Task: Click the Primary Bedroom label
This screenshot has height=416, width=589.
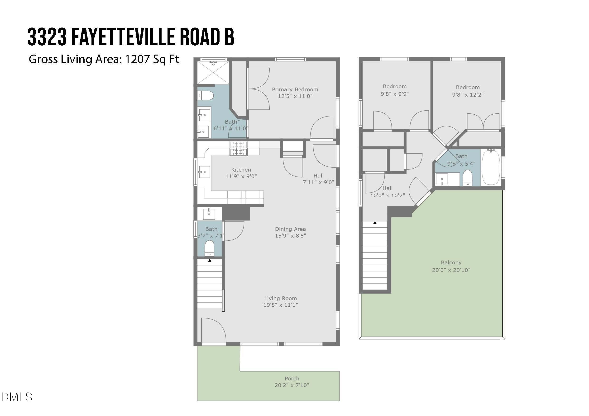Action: click(x=295, y=89)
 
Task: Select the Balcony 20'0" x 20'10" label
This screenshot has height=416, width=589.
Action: click(x=451, y=266)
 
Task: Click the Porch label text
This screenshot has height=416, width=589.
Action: click(x=292, y=378)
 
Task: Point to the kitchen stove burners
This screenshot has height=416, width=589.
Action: click(x=239, y=149)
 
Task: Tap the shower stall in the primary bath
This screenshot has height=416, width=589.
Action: click(x=213, y=72)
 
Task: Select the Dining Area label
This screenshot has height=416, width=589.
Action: click(x=290, y=229)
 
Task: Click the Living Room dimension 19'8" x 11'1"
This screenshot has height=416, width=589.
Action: click(x=280, y=305)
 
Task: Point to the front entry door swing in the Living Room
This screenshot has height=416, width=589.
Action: click(x=213, y=330)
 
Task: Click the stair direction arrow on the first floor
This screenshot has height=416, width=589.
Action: click(x=210, y=261)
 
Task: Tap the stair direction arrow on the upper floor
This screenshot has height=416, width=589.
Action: click(x=375, y=223)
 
